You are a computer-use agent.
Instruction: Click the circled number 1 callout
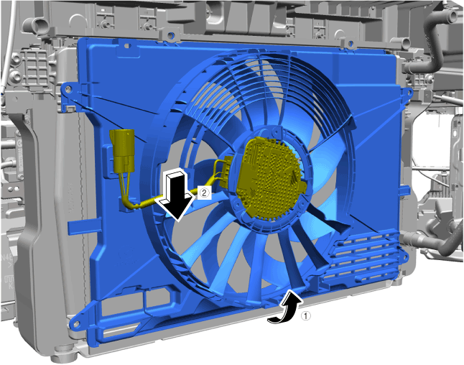click(x=306, y=316)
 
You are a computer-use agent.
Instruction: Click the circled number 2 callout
click(x=204, y=193)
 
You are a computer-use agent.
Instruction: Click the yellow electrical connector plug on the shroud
click(x=122, y=151)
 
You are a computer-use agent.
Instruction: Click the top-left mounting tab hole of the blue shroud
click(x=68, y=88)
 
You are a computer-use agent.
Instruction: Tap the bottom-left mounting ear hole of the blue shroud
click(x=74, y=323)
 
